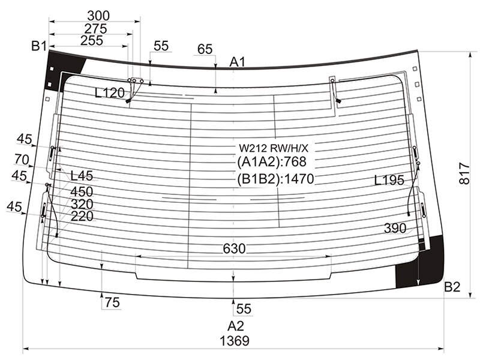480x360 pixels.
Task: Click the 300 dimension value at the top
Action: (x=98, y=16)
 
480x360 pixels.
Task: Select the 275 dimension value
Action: (x=95, y=29)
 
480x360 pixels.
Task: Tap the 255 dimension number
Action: (x=92, y=40)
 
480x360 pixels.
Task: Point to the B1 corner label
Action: (x=39, y=46)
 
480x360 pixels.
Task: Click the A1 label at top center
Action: (x=238, y=62)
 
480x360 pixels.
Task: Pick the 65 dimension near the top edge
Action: (x=205, y=49)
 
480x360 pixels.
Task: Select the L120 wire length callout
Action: (x=110, y=93)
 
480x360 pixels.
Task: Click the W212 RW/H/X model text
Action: (x=274, y=148)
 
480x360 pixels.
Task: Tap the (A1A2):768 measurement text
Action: (x=272, y=161)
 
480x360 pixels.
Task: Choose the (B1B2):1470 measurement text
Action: (x=275, y=179)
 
